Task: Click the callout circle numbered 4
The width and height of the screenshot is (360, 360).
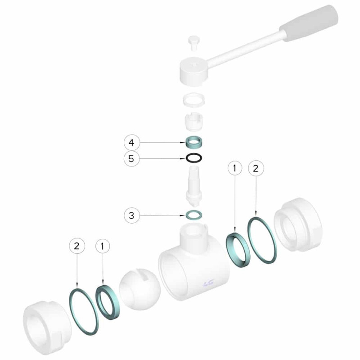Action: [x=131, y=143]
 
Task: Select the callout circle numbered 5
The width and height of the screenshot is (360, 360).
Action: [x=131, y=159]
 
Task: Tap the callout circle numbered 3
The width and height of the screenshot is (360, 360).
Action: [x=131, y=216]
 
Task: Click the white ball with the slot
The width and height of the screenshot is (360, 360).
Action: [x=140, y=288]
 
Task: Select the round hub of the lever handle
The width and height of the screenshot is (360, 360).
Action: [x=194, y=71]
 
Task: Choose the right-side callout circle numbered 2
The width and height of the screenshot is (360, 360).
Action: [x=256, y=168]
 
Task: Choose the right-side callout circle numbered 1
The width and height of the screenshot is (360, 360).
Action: [x=234, y=168]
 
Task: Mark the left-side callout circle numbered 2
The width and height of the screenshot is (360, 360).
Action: [x=77, y=246]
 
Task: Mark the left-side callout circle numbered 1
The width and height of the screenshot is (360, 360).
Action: [x=103, y=246]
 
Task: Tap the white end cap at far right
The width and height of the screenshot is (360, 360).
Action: [x=298, y=225]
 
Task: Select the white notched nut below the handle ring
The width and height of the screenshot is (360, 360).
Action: [x=194, y=122]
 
